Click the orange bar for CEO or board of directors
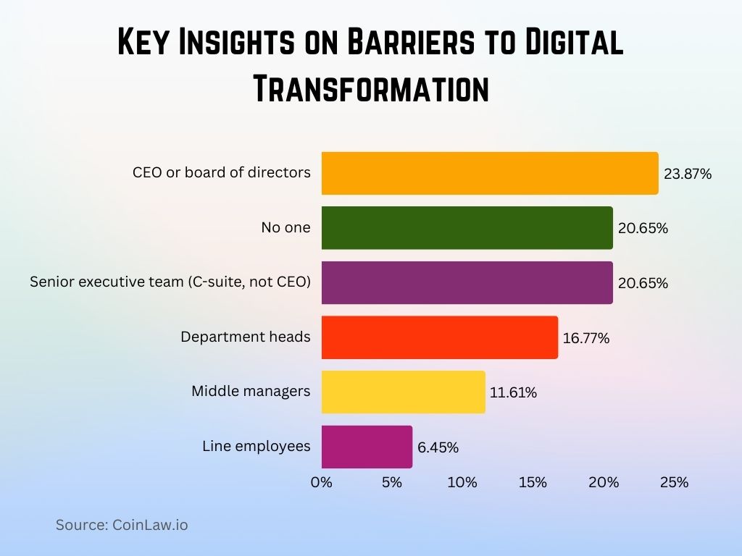(490, 173)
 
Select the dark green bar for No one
(467, 228)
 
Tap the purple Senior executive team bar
(467, 282)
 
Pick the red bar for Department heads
(439, 337)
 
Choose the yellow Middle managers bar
(403, 392)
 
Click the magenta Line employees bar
(367, 447)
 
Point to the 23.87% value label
(688, 174)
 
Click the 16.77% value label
(586, 338)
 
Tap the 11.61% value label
(514, 392)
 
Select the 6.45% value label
(438, 447)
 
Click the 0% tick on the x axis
(321, 482)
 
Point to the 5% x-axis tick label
(391, 482)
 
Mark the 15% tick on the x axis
(533, 482)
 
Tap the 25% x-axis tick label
(674, 482)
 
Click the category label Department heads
(245, 337)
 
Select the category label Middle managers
(251, 391)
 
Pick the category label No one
(285, 227)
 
